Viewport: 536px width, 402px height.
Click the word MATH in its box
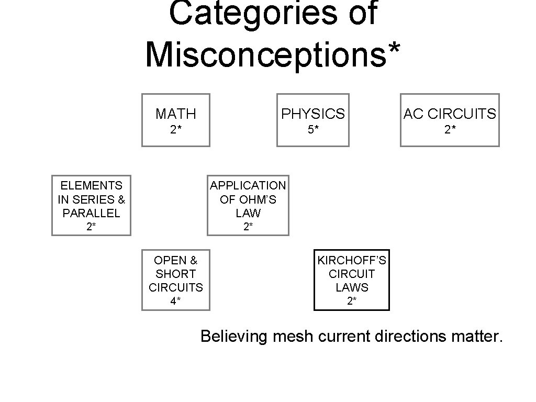pos(176,114)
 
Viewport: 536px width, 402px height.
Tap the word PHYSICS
pos(313,114)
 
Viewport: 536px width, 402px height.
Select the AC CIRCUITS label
pos(450,114)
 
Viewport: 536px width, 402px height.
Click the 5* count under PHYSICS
pos(313,130)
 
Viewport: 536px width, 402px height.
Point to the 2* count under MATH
pos(176,130)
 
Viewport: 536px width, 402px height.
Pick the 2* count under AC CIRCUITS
pos(450,130)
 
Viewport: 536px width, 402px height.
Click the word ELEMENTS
pos(91,185)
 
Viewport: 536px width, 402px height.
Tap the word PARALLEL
pos(91,213)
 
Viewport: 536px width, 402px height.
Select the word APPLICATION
pos(248,185)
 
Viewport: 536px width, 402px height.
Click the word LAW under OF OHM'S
pos(248,213)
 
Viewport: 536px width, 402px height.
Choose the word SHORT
pos(176,274)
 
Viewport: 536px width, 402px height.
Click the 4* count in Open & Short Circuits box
pos(176,301)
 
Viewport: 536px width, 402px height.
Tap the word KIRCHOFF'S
pos(352,260)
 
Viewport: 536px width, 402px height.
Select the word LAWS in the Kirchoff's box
pos(352,287)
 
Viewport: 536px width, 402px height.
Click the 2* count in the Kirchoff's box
pos(352,301)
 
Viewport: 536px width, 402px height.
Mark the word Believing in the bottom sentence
pos(234,336)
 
